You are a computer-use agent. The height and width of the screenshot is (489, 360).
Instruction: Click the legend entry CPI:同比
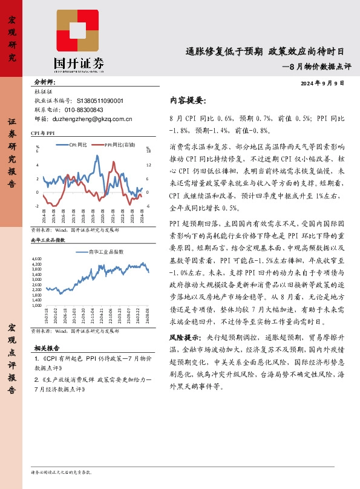point(77,145)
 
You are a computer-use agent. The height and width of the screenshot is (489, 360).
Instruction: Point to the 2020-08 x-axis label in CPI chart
point(103,217)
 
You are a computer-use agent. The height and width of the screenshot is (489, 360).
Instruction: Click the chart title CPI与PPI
point(43,132)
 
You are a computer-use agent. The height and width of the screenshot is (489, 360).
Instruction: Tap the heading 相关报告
point(47,349)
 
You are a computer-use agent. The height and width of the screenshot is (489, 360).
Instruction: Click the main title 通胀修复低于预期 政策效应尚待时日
point(266,52)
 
